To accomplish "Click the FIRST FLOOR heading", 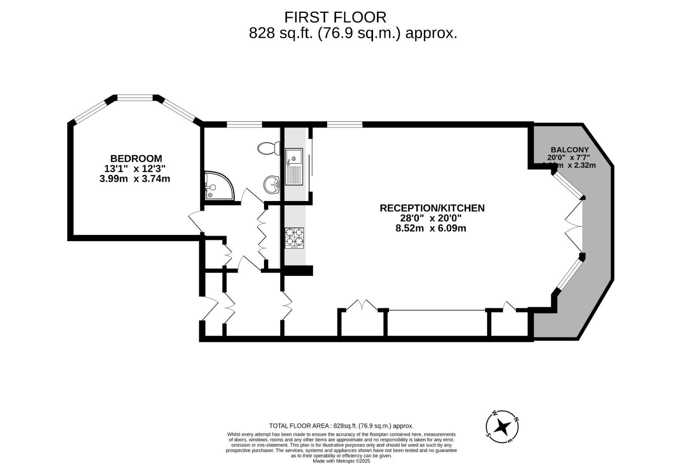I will click(335, 17).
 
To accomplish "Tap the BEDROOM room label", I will click(136, 159).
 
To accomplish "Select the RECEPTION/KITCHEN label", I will click(432, 208).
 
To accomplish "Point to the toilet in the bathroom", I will click(267, 148).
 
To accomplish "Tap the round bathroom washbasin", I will click(271, 185).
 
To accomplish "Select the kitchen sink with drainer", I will click(294, 166).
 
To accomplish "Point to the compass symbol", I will click(502, 427).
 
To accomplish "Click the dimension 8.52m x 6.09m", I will click(431, 228).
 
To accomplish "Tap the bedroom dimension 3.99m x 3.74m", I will click(135, 179).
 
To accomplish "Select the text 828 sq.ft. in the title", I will click(282, 33).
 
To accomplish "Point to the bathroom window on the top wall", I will click(244, 125).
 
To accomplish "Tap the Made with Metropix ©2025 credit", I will click(341, 461).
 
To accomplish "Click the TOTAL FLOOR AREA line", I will click(341, 426).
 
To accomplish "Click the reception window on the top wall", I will click(344, 125).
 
